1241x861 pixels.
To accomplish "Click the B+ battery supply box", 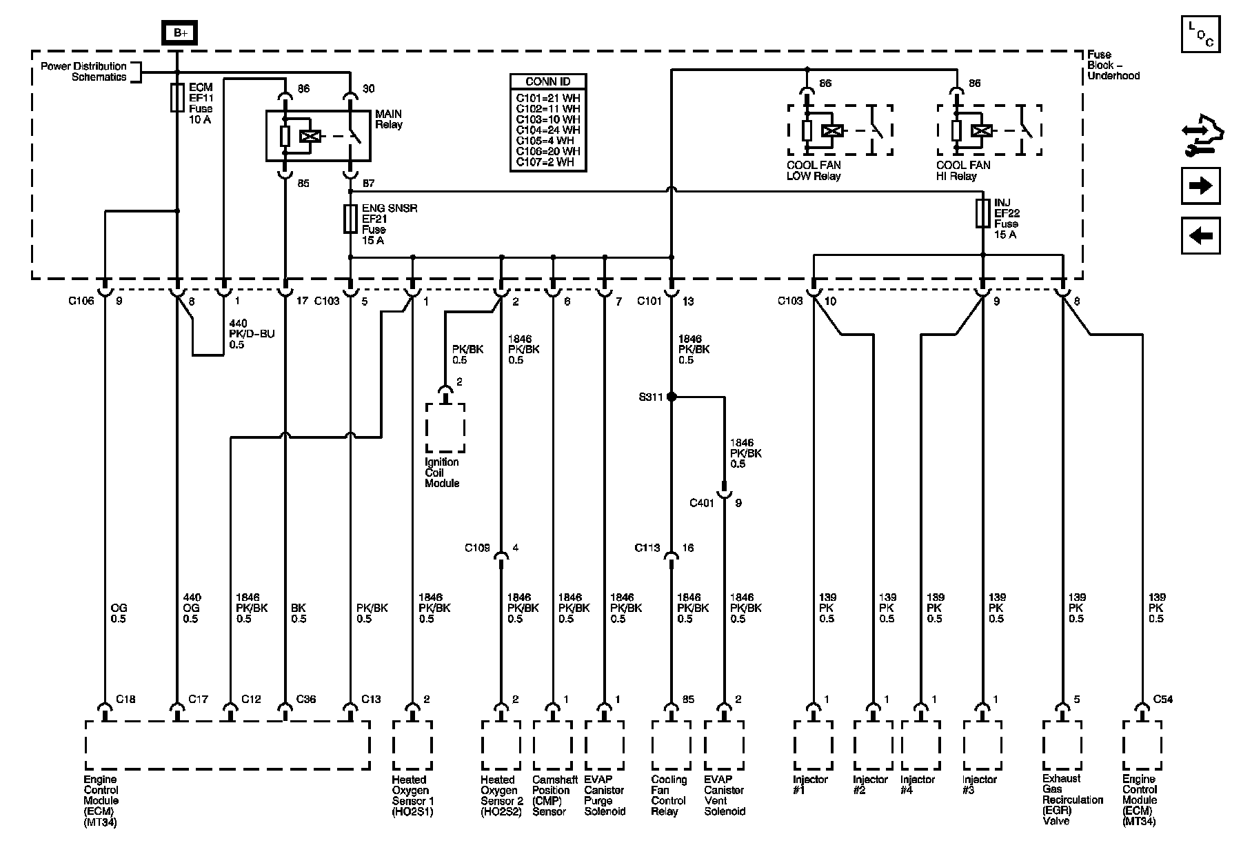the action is [179, 33].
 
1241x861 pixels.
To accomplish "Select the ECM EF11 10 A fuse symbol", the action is [177, 97].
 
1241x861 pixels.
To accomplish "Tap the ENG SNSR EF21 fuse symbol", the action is [350, 219].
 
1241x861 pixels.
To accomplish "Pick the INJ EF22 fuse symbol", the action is [983, 214].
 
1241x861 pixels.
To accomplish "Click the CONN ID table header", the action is [549, 81].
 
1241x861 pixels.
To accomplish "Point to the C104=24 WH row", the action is [549, 130].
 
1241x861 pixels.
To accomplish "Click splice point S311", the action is [672, 397].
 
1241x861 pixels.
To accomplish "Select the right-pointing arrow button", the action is [1200, 186].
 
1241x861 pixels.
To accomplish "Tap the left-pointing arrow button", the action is [1200, 236].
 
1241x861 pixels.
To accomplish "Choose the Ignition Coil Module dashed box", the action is [445, 428].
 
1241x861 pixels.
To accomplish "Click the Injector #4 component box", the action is [920, 745].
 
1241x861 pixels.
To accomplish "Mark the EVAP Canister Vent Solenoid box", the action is [724, 745].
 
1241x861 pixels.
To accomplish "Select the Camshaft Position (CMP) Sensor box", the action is [552, 745].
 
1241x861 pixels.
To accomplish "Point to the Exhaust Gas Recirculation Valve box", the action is [1062, 745].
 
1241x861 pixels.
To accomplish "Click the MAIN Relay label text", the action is [388, 119].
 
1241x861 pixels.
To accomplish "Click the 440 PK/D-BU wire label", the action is [247, 334].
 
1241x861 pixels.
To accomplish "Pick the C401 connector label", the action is [702, 503].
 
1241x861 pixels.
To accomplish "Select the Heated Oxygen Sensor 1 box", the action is [412, 745].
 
